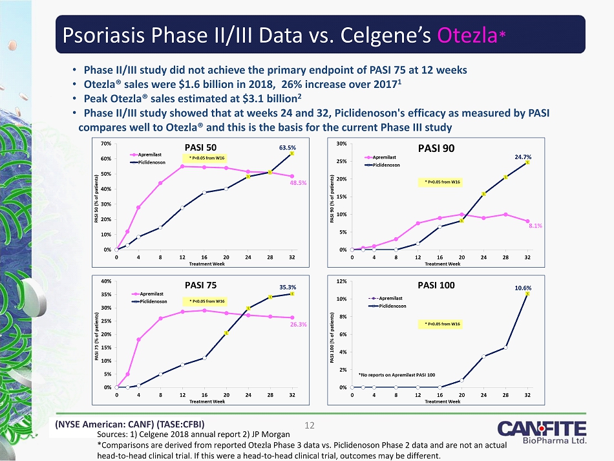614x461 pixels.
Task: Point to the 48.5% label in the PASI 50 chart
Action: point(297,183)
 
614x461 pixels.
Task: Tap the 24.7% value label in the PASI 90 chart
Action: point(523,156)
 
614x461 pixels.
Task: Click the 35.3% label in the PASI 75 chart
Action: point(288,286)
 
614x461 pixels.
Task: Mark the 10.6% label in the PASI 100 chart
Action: point(524,286)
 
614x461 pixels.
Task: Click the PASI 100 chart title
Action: point(436,285)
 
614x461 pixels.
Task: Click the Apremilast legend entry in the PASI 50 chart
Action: point(153,155)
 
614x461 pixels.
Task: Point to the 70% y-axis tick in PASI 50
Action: point(105,143)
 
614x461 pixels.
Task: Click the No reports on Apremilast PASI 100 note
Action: point(397,374)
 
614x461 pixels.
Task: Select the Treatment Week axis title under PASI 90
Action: point(442,264)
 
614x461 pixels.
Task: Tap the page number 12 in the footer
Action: point(309,425)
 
